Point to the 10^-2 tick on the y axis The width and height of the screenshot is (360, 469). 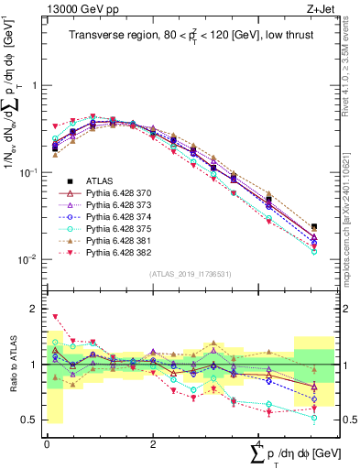pos(29,259)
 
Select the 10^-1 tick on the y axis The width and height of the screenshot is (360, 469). pos(29,172)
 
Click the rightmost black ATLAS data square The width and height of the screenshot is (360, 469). pos(314,227)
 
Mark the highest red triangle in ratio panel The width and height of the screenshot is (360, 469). pos(55,317)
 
